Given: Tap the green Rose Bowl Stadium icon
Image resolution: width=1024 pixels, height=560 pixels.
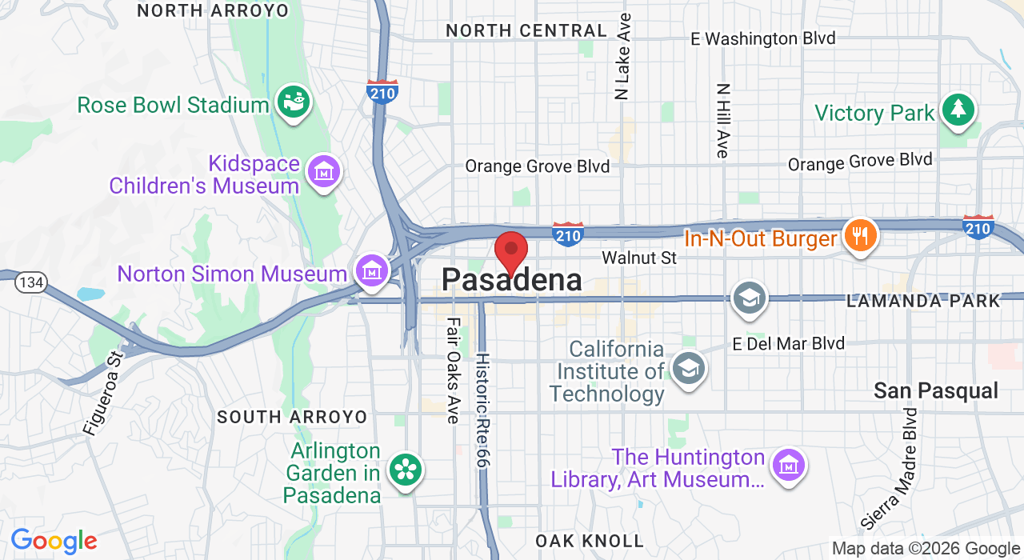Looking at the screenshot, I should coord(294,102).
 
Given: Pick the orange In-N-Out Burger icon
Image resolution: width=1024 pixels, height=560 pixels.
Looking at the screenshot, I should coord(860,236).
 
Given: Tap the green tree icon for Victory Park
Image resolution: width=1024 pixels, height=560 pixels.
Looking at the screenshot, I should coord(958,110).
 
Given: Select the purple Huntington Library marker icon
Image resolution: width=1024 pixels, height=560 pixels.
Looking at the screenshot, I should coord(789,465).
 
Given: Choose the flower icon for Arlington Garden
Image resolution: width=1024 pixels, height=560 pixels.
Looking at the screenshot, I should coord(405,470).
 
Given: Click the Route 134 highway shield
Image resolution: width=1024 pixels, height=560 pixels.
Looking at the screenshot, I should coord(33,282).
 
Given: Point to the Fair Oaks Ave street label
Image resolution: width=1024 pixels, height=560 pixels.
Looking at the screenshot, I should coord(454,370).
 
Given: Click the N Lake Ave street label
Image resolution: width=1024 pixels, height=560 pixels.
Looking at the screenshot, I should coord(623,56).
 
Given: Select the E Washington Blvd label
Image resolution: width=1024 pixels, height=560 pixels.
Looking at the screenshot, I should coord(762,38).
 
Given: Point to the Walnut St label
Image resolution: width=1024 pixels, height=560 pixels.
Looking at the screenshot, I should coord(639,258).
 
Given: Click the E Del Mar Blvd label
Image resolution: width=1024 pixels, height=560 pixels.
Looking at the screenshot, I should coord(788,344).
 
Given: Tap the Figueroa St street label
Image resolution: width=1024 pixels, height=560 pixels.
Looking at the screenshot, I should coord(104,393).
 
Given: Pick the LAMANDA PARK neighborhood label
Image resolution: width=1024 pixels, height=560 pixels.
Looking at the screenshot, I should coord(923,301).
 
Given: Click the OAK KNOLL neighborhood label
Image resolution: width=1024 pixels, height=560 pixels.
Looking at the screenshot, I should coord(590,541).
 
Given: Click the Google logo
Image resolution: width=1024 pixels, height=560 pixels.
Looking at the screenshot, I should coord(54,541).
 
